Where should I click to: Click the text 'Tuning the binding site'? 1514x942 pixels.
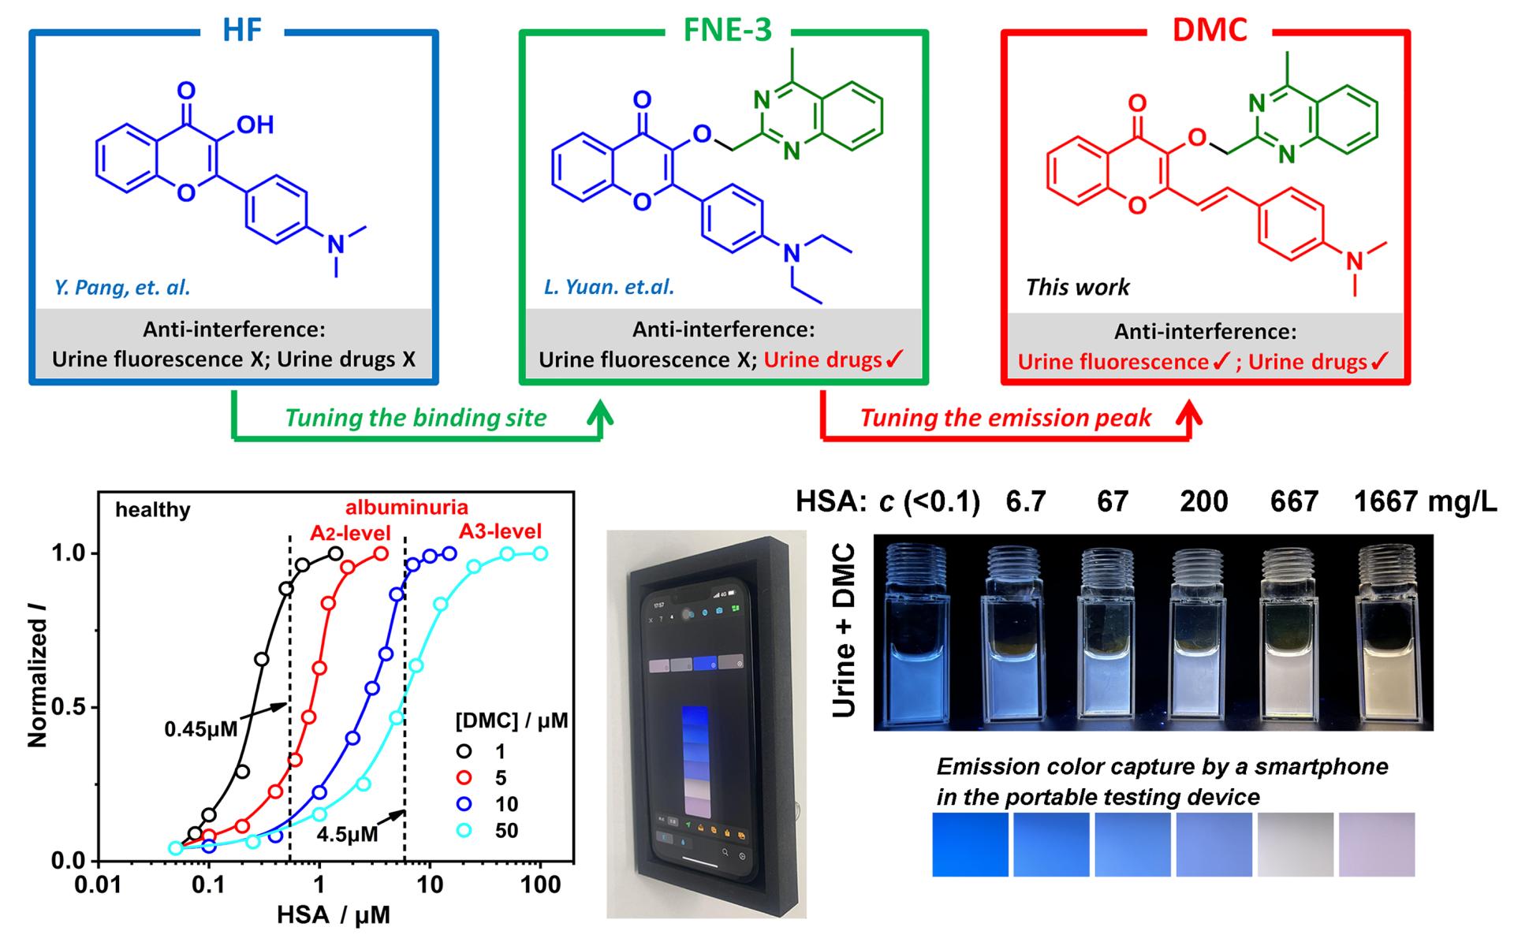tap(416, 417)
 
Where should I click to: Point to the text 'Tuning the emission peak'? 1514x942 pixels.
tap(1005, 417)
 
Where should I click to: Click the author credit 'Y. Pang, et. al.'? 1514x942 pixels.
tap(122, 288)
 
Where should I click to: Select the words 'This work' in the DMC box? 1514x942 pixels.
tap(1077, 287)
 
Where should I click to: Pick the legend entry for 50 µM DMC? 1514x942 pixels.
tap(505, 830)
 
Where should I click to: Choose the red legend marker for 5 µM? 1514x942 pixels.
tap(464, 778)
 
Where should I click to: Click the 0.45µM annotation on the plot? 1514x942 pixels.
tap(200, 729)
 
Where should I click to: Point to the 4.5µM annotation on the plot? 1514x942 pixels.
tap(347, 834)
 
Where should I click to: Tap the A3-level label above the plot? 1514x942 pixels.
tap(500, 531)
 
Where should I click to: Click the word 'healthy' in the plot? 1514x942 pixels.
tap(153, 510)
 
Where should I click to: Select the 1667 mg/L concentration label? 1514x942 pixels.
tap(1424, 501)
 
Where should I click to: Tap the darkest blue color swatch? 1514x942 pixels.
tap(970, 844)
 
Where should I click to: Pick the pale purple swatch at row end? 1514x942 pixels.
tap(1377, 844)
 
